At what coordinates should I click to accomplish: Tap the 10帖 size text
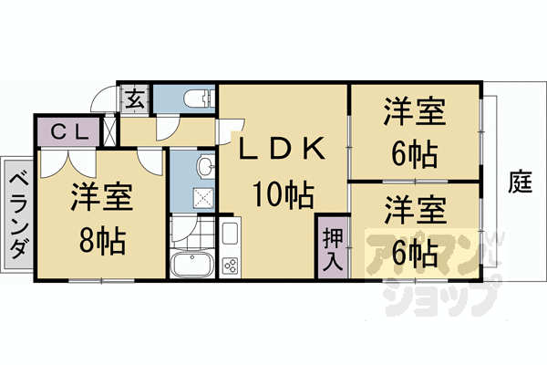click(x=284, y=194)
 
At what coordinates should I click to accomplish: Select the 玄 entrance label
click(x=135, y=97)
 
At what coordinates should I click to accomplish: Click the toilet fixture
click(x=193, y=98)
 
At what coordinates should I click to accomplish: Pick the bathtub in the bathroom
click(x=192, y=266)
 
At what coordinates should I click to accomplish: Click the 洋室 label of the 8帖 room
click(x=102, y=198)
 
